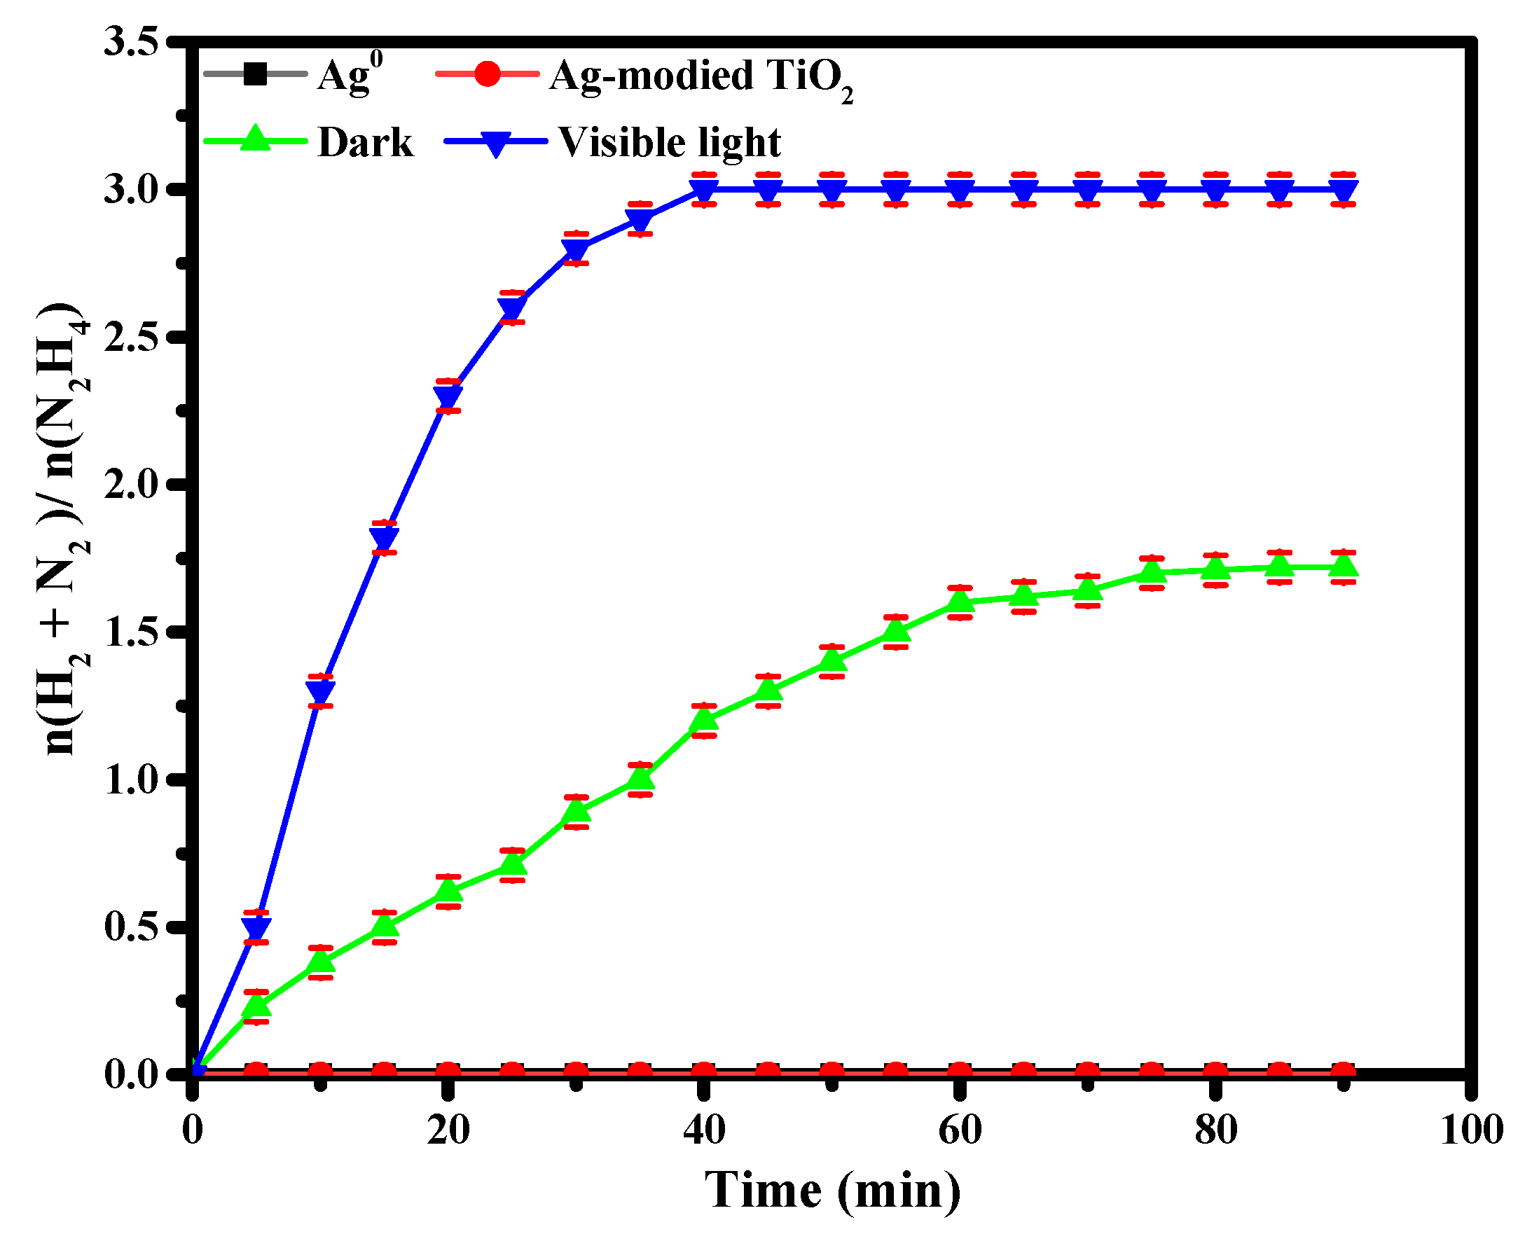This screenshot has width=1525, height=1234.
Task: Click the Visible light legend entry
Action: coord(668,142)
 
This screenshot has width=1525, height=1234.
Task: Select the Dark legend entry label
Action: coord(365,143)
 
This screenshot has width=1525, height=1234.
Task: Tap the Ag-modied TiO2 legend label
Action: coord(701,77)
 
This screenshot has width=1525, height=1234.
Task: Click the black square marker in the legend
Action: coord(254,74)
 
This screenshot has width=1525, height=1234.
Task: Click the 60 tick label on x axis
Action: coord(960,1130)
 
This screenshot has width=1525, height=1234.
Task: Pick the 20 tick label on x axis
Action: coord(448,1130)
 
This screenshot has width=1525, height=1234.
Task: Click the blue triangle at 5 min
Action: coord(256,929)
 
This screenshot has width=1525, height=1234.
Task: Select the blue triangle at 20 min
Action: coord(448,397)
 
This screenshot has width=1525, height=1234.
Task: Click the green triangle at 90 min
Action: coord(1344,566)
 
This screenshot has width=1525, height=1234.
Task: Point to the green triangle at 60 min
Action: coord(960,602)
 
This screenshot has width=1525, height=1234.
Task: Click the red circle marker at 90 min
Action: coord(1344,1073)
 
